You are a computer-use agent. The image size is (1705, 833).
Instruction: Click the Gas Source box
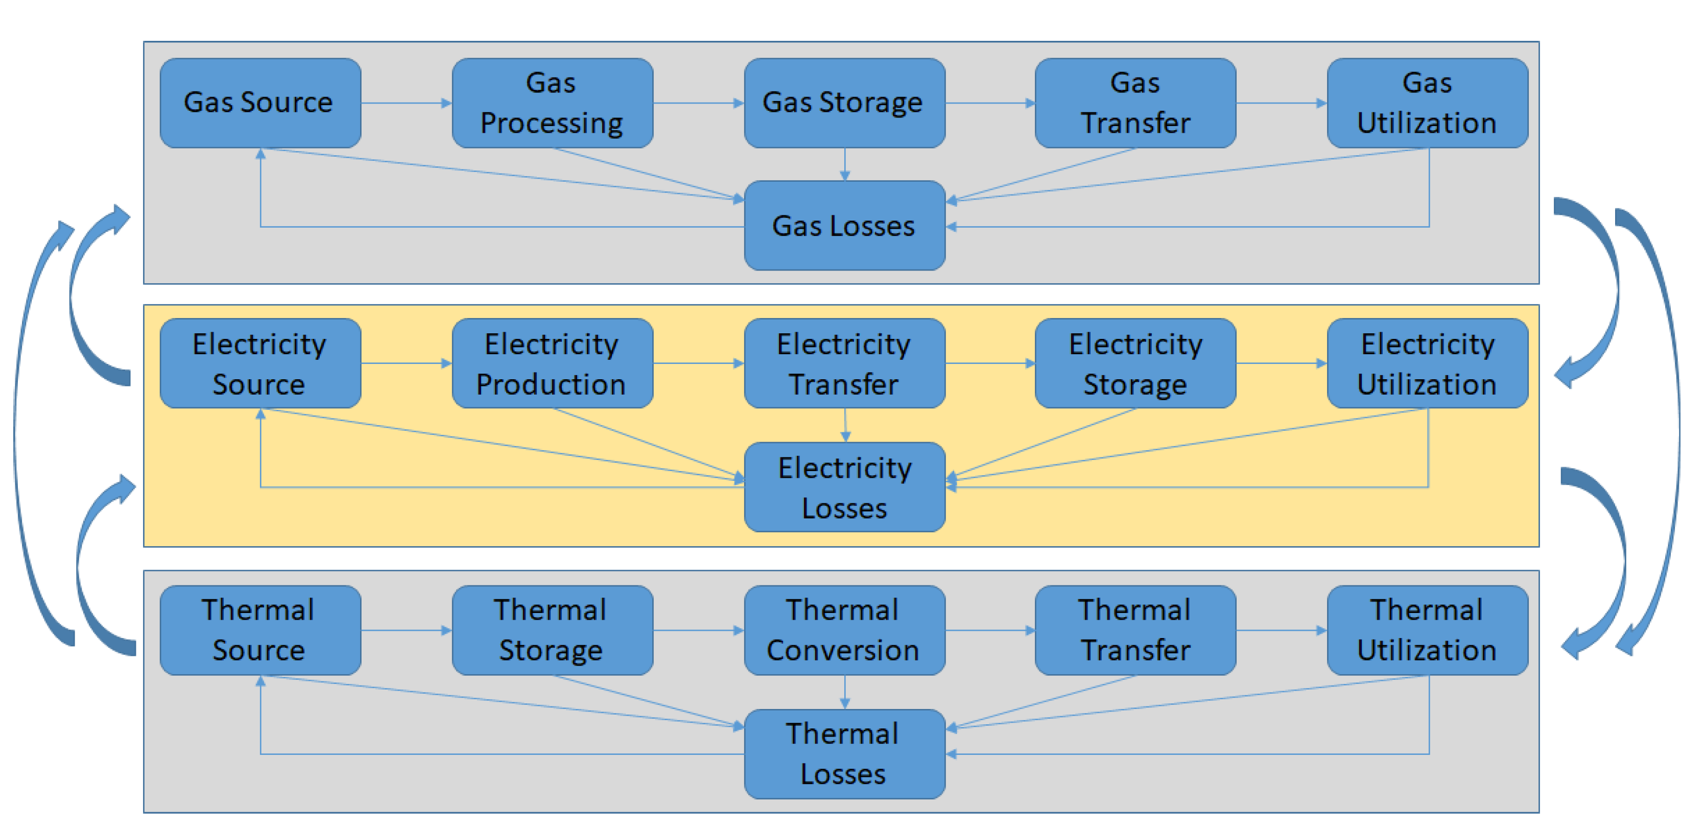click(260, 103)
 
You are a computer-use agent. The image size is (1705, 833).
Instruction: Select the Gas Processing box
click(552, 103)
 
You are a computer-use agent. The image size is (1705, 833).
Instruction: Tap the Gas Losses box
click(844, 226)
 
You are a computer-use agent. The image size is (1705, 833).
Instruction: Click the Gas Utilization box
click(1427, 103)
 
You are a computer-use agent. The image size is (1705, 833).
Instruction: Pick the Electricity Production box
click(552, 363)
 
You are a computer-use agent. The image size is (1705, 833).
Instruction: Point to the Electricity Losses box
click(844, 487)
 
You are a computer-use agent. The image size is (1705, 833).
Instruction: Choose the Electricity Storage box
click(1135, 363)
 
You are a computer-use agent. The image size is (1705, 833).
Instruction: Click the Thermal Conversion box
click(844, 630)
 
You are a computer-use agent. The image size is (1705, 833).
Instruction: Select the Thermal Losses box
click(844, 753)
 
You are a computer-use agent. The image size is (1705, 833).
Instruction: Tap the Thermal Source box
click(260, 630)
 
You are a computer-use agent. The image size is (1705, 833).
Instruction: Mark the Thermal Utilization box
click(1427, 630)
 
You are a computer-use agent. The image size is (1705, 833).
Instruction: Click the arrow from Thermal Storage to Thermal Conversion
click(698, 630)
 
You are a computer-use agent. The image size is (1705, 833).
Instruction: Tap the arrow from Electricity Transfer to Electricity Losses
click(845, 425)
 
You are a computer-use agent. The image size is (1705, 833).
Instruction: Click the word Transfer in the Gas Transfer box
click(1135, 123)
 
